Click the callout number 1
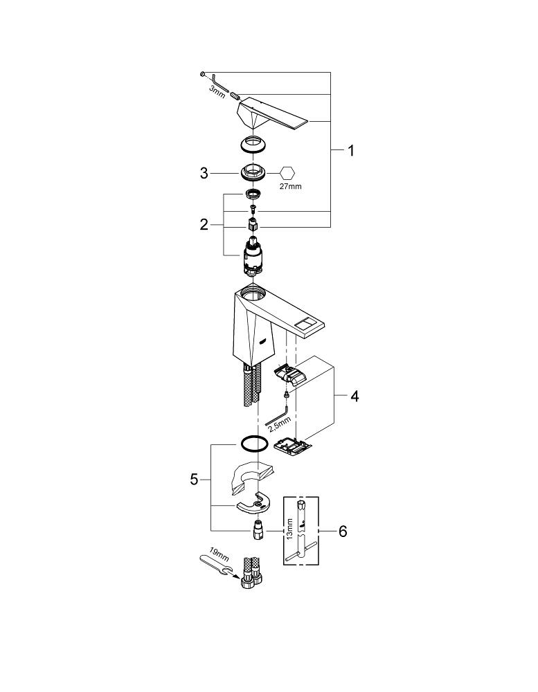pos(351,151)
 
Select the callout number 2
pos(204,225)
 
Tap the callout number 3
pos(204,173)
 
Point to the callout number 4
pos(355,397)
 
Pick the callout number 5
pos(195,480)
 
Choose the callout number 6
pos(343,531)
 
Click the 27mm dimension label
pos(291,186)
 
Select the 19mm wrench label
pos(219,554)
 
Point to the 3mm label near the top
pos(217,92)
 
